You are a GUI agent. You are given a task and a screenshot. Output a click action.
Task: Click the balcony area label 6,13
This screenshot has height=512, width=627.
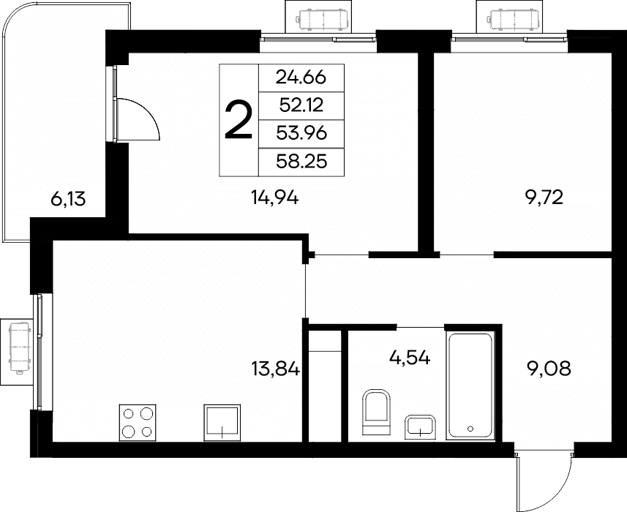pyautogui.click(x=68, y=199)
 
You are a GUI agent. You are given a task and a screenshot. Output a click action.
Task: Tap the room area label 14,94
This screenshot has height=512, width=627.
pyautogui.click(x=274, y=197)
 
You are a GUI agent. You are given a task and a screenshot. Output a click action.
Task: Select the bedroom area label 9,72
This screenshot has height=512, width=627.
pyautogui.click(x=544, y=197)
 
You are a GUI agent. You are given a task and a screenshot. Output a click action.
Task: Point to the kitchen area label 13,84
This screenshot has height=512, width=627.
pyautogui.click(x=276, y=369)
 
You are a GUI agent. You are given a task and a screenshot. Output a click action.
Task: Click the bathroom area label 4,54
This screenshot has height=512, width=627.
pyautogui.click(x=410, y=358)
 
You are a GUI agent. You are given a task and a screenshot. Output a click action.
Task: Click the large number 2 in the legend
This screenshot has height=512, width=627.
pyautogui.click(x=239, y=120)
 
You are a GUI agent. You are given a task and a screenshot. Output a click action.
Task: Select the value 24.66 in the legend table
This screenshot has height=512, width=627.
pyautogui.click(x=301, y=78)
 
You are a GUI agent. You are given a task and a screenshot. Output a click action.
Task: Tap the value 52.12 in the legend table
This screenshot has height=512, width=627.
pyautogui.click(x=301, y=105)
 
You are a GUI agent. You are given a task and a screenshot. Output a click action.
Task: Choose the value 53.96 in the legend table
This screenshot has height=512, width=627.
pyautogui.click(x=301, y=133)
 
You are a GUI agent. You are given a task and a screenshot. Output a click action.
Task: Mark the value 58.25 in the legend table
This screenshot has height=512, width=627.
pyautogui.click(x=301, y=162)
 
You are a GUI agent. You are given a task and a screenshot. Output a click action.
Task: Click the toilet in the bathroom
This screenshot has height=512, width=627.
pyautogui.click(x=376, y=412)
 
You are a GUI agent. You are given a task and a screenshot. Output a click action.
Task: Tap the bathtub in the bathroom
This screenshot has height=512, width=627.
pyautogui.click(x=470, y=386)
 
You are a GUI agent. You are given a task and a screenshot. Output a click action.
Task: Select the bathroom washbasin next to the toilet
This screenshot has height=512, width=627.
pyautogui.click(x=420, y=427)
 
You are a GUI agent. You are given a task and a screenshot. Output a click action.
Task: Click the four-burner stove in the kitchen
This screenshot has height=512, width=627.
pyautogui.click(x=138, y=423)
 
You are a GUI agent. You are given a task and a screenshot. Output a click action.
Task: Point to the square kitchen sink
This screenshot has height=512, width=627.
pyautogui.click(x=222, y=423)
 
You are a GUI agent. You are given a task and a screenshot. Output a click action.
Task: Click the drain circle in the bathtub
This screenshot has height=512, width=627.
pyautogui.click(x=470, y=429)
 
